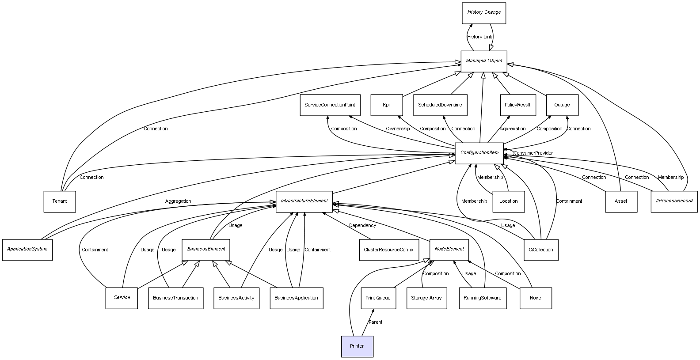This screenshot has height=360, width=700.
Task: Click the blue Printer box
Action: pyautogui.click(x=357, y=346)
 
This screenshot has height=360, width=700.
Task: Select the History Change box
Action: pyautogui.click(x=484, y=13)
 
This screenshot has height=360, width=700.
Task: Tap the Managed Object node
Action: pyautogui.click(x=484, y=61)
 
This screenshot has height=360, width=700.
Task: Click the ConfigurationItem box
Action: pyautogui.click(x=479, y=153)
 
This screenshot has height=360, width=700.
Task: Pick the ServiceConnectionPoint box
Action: pyautogui.click(x=330, y=105)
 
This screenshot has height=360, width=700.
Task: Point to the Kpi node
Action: pyautogui.click(x=386, y=105)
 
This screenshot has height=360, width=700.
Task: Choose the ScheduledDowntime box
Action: pyautogui.click(x=440, y=105)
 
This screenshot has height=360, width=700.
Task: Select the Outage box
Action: pyautogui.click(x=562, y=105)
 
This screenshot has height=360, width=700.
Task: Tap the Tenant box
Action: pyautogui.click(x=60, y=201)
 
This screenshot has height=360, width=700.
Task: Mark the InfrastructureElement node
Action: pyautogui.click(x=304, y=201)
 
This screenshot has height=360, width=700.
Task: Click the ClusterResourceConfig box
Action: pyautogui.click(x=388, y=250)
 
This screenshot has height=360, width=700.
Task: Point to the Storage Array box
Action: pyautogui.click(x=426, y=298)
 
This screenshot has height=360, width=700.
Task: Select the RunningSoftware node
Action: pyautogui.click(x=483, y=298)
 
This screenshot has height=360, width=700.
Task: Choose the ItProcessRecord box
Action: pyautogui.click(x=674, y=201)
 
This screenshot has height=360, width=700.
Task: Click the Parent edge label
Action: pyautogui.click(x=376, y=322)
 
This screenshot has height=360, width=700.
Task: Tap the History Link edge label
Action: pyautogui.click(x=479, y=37)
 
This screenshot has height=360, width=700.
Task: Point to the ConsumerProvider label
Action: pyautogui.click(x=533, y=153)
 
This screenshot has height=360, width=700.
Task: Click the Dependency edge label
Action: pyautogui.click(x=363, y=226)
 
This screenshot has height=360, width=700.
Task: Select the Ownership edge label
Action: pyautogui.click(x=398, y=129)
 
